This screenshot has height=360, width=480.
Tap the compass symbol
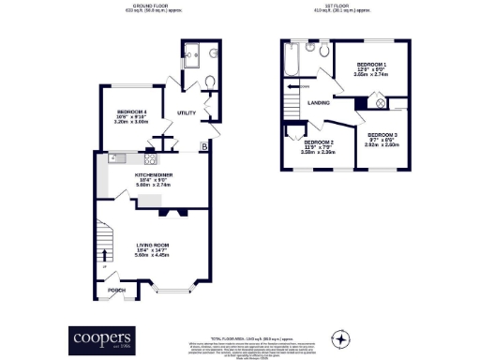343,337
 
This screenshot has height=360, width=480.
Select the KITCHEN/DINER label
154,173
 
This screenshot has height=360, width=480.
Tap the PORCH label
117,290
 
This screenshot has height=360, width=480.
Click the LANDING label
318,103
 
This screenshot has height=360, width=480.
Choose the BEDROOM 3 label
382,135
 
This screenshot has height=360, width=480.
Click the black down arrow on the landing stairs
291,88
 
